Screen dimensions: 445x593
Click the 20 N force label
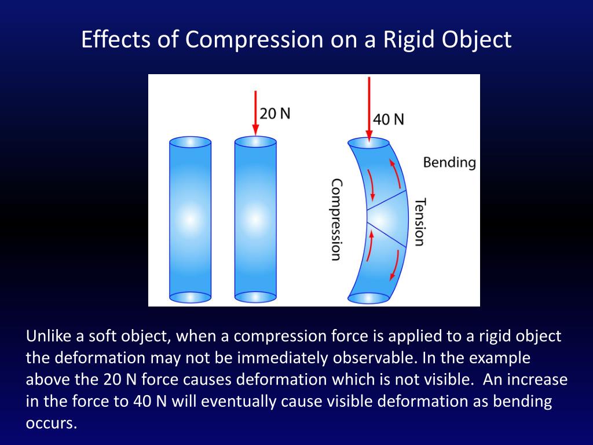274,113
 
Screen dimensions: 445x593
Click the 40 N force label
389,119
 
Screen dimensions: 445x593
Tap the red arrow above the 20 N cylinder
255,110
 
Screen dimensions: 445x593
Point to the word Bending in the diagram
449,162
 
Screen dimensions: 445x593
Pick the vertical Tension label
420,222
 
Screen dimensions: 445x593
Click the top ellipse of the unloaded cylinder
190,143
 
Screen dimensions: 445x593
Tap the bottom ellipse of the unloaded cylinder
190,297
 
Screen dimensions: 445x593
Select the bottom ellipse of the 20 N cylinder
255,297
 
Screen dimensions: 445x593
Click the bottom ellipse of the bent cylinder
368,298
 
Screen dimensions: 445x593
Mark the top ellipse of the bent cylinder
369,143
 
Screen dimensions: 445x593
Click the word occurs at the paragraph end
51,423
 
